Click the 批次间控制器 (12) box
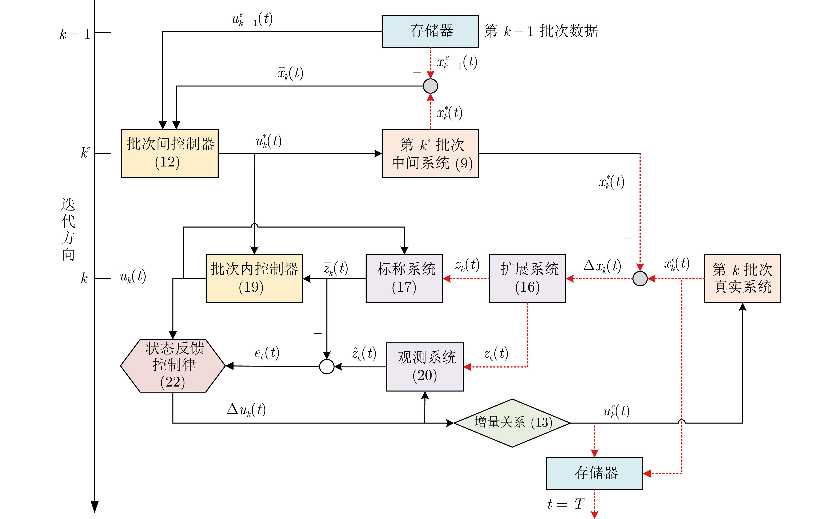pos(170,153)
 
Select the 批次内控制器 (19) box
pos(254,278)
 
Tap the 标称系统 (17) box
pos(404,278)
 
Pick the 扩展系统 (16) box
pos(527,278)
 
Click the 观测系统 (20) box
pos(425,367)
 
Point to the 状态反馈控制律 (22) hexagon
pos(173,366)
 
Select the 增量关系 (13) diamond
pos(512,423)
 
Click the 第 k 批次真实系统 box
pos(742,278)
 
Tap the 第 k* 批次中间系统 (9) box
pos(430,153)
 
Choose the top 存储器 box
pos(430,31)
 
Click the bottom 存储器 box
pos(594,473)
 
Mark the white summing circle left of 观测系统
pos(327,367)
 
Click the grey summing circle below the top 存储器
pos(430,86)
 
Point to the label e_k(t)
pos(267,353)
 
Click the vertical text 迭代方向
pos(68,229)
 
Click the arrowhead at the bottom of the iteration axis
pos(95,507)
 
